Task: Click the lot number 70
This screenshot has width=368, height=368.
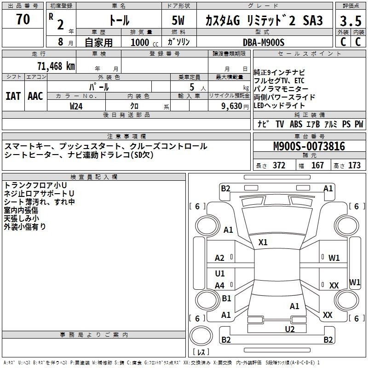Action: [23, 19]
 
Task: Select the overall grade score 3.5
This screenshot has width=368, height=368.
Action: [351, 21]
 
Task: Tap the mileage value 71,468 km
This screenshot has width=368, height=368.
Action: [56, 66]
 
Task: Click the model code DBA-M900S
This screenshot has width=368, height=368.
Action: [264, 42]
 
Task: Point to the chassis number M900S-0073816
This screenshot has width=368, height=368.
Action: [309, 146]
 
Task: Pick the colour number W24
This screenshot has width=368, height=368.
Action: [76, 106]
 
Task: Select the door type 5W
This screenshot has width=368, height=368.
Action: [178, 20]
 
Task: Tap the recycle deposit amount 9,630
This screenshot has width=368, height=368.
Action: [232, 106]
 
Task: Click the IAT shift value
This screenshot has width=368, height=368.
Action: [13, 96]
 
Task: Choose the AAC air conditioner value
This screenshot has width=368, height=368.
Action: [35, 96]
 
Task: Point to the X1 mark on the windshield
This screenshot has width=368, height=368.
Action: [263, 242]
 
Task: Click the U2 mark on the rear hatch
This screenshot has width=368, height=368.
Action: [290, 329]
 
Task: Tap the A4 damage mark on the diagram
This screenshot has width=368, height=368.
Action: [219, 286]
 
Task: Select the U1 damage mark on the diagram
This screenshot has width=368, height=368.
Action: [220, 273]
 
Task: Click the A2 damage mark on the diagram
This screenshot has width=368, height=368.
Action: [219, 258]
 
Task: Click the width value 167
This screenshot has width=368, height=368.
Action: [317, 166]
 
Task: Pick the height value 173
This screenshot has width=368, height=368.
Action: [354, 166]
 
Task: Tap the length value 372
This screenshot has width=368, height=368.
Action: [279, 166]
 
